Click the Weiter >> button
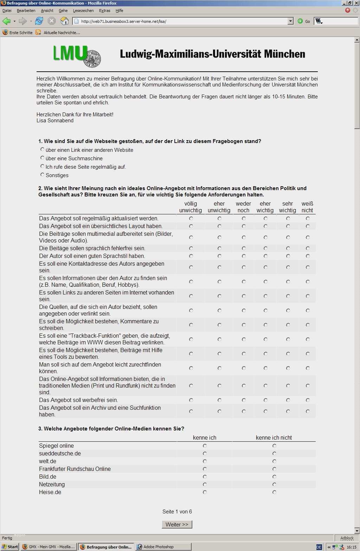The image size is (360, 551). (x=177, y=524)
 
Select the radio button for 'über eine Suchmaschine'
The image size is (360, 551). (x=43, y=158)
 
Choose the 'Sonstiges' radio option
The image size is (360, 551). (x=43, y=175)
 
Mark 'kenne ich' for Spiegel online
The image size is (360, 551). (x=205, y=446)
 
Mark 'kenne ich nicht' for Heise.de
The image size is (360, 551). (x=274, y=492)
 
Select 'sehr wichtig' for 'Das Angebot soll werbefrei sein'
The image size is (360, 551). (x=288, y=400)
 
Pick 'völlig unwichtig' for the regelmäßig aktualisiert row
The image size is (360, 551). (x=191, y=218)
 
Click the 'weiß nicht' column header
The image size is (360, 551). (x=307, y=207)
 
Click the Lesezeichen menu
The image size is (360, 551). (x=83, y=11)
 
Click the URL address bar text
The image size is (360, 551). (x=123, y=21)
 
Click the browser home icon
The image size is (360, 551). (x=64, y=21)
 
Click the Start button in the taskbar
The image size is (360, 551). (x=10, y=547)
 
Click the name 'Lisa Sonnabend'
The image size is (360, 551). (x=55, y=121)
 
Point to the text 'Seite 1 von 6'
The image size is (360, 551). (x=177, y=512)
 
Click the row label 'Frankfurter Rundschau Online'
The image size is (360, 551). (x=75, y=469)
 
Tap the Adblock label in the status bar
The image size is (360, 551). (x=347, y=538)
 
